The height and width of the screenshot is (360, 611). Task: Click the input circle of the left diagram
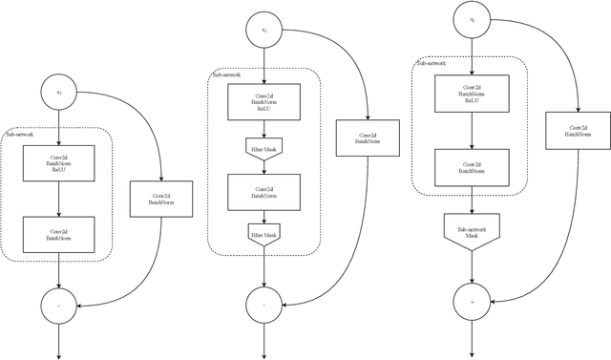point(58,93)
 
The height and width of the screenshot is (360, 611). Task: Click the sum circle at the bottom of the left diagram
point(58,305)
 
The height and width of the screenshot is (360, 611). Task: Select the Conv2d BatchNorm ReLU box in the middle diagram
point(264,102)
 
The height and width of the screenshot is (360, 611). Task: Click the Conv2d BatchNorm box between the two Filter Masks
point(264,192)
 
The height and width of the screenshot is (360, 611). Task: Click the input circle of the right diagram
point(471,20)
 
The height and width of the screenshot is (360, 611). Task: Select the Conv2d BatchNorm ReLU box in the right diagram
point(471,93)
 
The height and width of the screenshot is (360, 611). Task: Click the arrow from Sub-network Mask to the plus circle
point(471,267)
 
